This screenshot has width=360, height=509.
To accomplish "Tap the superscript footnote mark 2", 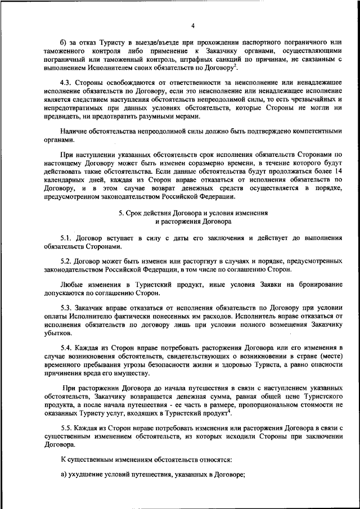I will (x=236, y=65).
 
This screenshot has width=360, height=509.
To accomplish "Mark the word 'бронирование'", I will (x=319, y=286).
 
